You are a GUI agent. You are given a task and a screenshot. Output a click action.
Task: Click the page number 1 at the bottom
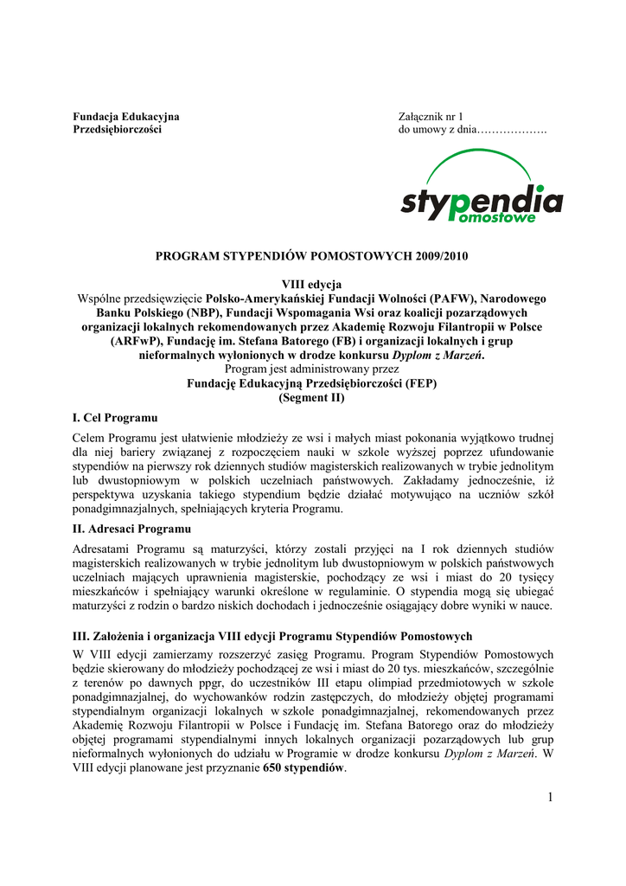pyautogui.click(x=548, y=796)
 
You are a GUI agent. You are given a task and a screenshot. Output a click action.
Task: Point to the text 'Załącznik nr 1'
pyautogui.click(x=431, y=116)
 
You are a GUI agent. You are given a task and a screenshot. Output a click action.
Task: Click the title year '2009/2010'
pyautogui.click(x=440, y=257)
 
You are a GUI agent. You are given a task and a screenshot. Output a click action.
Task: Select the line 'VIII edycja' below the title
pyautogui.click(x=312, y=284)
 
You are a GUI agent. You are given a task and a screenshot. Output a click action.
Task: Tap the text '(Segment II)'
pyautogui.click(x=312, y=398)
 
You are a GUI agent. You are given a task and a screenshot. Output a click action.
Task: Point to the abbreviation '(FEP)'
pyautogui.click(x=418, y=383)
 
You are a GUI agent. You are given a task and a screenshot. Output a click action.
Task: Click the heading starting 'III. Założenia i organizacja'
pyautogui.click(x=272, y=636)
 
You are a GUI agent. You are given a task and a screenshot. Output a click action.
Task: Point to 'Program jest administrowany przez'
pyautogui.click(x=312, y=369)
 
